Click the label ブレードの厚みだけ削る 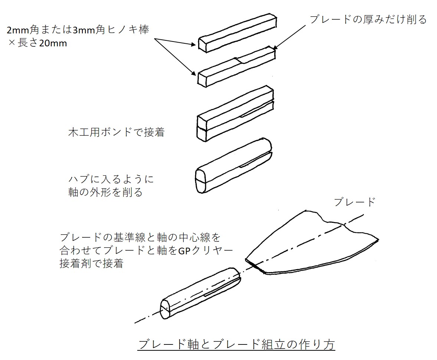(368, 19)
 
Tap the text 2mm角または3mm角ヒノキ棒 (78, 30)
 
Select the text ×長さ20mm (37, 43)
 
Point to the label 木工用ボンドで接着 (116, 132)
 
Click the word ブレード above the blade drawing (354, 202)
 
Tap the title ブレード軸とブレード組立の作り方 (236, 344)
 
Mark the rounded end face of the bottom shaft (165, 309)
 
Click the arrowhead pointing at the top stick (194, 45)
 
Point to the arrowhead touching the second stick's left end (194, 74)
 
